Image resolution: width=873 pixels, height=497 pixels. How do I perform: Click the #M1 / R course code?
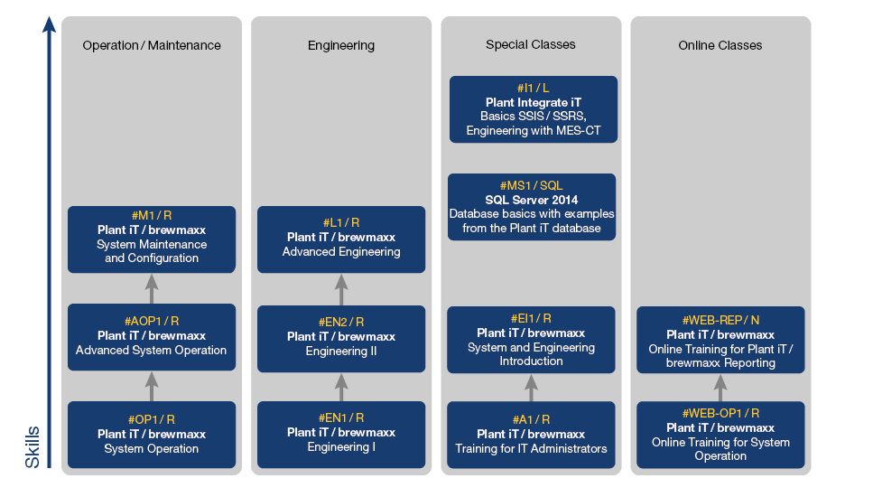152,216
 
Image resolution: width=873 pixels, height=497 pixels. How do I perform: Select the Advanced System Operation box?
152,337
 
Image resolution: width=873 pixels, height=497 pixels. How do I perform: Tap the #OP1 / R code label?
152,419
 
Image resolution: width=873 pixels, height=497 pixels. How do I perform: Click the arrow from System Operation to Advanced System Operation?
152,386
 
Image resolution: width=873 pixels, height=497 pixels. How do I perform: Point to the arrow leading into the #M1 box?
152,288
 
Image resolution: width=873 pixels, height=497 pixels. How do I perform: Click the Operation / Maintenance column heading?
152,45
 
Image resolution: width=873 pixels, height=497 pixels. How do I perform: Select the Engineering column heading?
341,45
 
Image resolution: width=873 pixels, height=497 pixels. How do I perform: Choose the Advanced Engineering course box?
341,239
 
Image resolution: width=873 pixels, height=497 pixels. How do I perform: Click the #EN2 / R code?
341,322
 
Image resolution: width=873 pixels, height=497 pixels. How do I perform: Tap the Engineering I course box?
341,434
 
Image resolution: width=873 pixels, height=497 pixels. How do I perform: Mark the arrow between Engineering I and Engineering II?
341,387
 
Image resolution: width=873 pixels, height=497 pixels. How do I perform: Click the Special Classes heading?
531,44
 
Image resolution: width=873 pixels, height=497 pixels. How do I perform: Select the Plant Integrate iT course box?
534,109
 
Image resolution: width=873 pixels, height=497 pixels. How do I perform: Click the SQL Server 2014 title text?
532,200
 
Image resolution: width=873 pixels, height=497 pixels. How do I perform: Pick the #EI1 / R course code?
531,318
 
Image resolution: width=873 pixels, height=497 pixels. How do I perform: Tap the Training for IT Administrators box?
531,434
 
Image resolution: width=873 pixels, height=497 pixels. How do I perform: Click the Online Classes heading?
720,45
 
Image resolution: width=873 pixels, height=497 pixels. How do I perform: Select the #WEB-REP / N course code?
720,320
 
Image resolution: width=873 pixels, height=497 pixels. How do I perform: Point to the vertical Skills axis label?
33,446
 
